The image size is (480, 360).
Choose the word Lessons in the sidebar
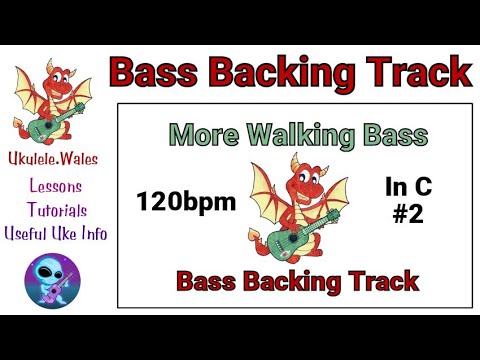coord(57,187)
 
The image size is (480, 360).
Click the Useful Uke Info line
coord(57,233)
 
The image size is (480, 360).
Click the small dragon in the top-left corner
coord(56,100)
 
